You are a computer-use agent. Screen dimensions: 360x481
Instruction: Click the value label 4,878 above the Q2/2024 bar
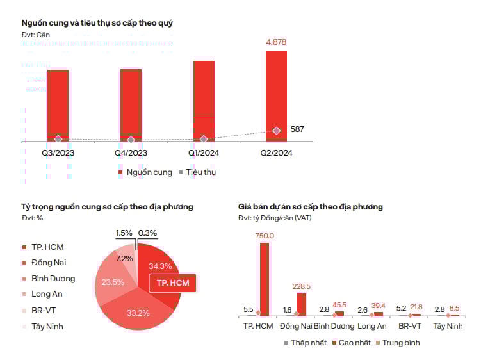click(x=276, y=42)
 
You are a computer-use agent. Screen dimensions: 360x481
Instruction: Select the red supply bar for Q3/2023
click(x=58, y=102)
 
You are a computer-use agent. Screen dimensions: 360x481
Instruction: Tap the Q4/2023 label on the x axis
click(x=131, y=153)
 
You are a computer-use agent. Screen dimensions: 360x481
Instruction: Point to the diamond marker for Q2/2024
click(x=276, y=131)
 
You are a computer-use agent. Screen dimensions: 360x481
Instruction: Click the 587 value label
click(x=297, y=129)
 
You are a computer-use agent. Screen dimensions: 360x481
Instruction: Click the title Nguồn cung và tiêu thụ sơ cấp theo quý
click(x=97, y=23)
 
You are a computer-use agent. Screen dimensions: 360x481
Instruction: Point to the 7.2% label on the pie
click(x=124, y=259)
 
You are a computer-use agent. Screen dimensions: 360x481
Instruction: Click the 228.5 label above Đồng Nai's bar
click(x=302, y=286)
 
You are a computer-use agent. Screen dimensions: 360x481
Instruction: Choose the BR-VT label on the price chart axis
click(x=410, y=326)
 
